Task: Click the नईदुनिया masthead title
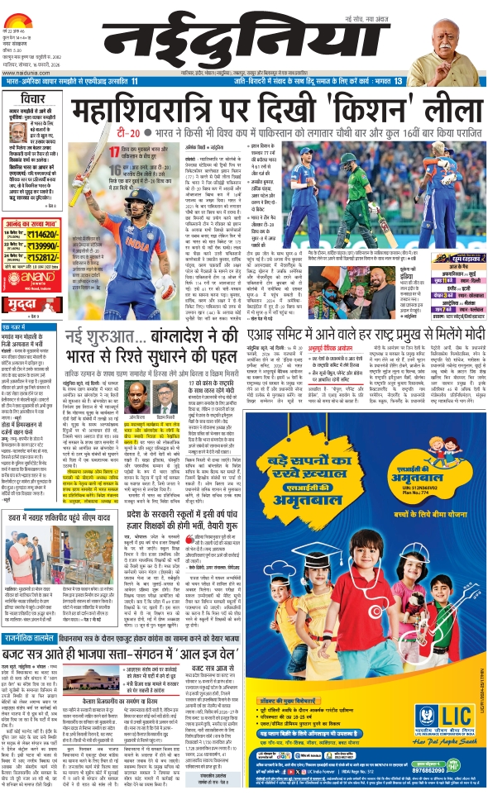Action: (248, 34)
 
